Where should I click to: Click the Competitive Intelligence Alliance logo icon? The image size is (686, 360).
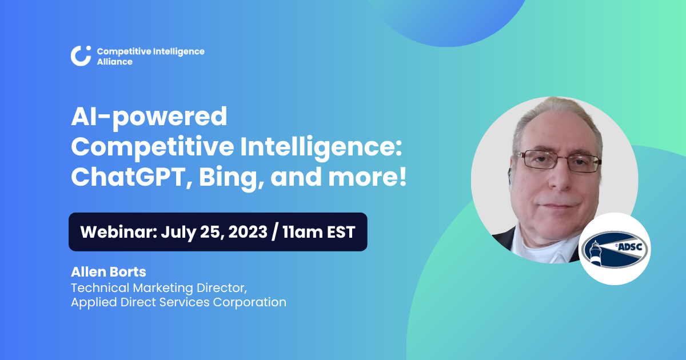[81, 55]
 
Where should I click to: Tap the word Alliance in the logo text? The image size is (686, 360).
[115, 62]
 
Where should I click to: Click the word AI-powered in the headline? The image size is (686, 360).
[149, 118]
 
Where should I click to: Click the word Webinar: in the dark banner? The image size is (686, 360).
[118, 232]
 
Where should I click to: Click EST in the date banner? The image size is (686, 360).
[341, 232]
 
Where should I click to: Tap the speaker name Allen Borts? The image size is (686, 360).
[108, 272]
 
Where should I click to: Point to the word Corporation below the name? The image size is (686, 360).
[250, 302]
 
